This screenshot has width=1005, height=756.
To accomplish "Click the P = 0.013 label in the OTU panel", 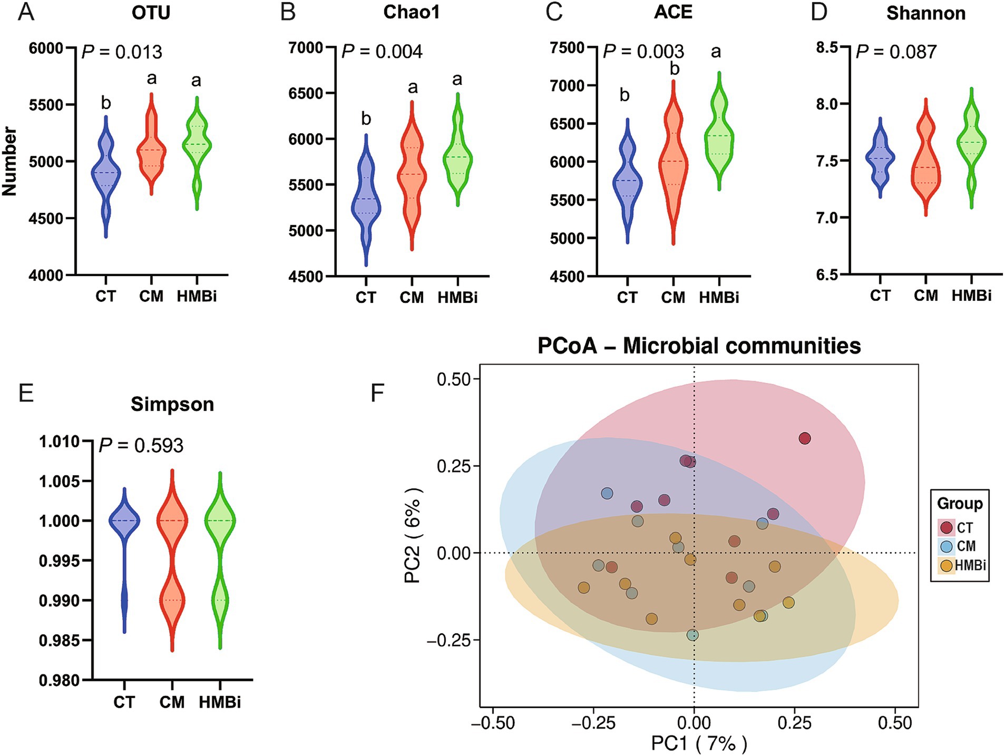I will coord(122,52).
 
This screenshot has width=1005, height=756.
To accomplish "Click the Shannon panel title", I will coord(925,13).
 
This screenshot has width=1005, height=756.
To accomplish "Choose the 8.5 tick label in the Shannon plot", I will coord(826,47).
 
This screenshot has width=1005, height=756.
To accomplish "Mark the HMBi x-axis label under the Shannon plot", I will coord(971,296).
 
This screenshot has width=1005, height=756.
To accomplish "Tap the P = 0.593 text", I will coord(141,446).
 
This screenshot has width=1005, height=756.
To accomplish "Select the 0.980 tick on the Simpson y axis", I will coord(59,680).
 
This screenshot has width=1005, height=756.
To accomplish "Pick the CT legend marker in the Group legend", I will coord(947,527).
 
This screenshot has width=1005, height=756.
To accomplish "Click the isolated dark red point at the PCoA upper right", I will coord(804,438).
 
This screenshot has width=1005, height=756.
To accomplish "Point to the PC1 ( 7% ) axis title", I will coord(699,743).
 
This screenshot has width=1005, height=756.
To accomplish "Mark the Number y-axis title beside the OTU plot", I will coord(9,161).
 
